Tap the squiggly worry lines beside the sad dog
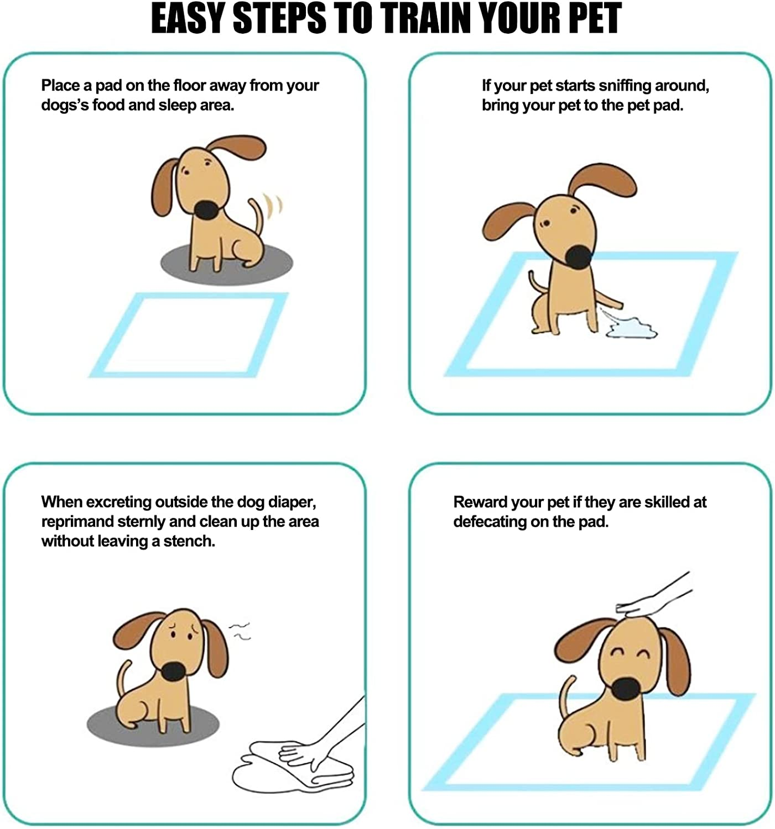pos(241,631)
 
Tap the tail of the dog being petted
pos(565,697)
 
